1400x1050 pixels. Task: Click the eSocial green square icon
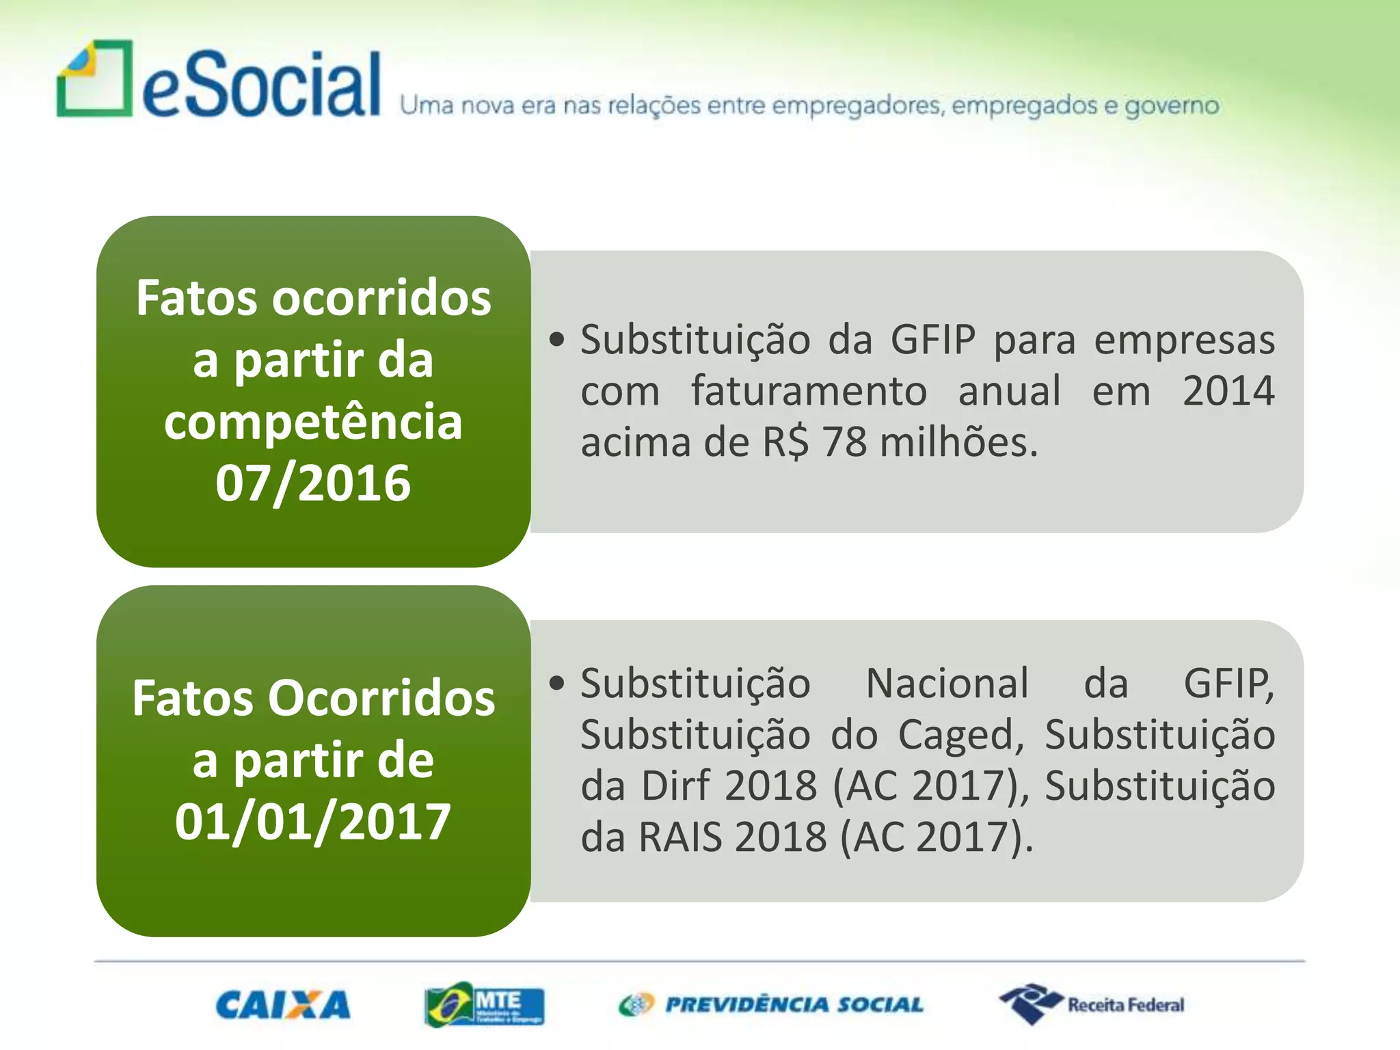[x=94, y=79]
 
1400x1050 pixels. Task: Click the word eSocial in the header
[x=261, y=85]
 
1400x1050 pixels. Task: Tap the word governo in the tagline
[x=1172, y=106]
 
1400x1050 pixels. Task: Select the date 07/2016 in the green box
[x=313, y=483]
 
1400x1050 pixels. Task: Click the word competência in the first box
[x=313, y=422]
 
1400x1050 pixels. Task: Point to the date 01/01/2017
[x=313, y=821]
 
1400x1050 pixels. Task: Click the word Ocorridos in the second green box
[x=381, y=698]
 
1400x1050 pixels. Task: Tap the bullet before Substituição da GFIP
[x=557, y=340]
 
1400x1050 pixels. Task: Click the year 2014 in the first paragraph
[x=1228, y=391]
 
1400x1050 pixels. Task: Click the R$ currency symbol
[x=785, y=442]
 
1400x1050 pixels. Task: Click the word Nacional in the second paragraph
[x=947, y=683]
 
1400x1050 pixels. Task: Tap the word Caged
[x=960, y=735]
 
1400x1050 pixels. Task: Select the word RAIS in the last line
[x=679, y=837]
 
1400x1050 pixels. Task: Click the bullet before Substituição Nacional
[x=557, y=683]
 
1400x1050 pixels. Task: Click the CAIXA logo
[x=283, y=1006]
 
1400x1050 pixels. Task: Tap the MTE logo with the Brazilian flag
[x=484, y=1004]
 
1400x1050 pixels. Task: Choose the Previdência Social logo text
[x=793, y=1005]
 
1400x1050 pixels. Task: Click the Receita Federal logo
[x=1092, y=1004]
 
